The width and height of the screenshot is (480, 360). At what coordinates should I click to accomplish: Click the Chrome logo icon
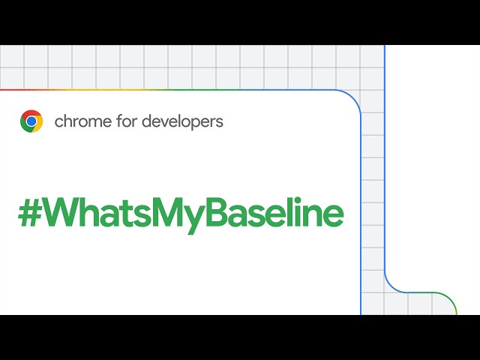[31, 121]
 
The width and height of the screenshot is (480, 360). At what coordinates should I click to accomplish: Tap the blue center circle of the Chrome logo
[31, 121]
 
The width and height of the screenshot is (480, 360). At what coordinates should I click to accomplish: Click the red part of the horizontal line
[22, 90]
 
